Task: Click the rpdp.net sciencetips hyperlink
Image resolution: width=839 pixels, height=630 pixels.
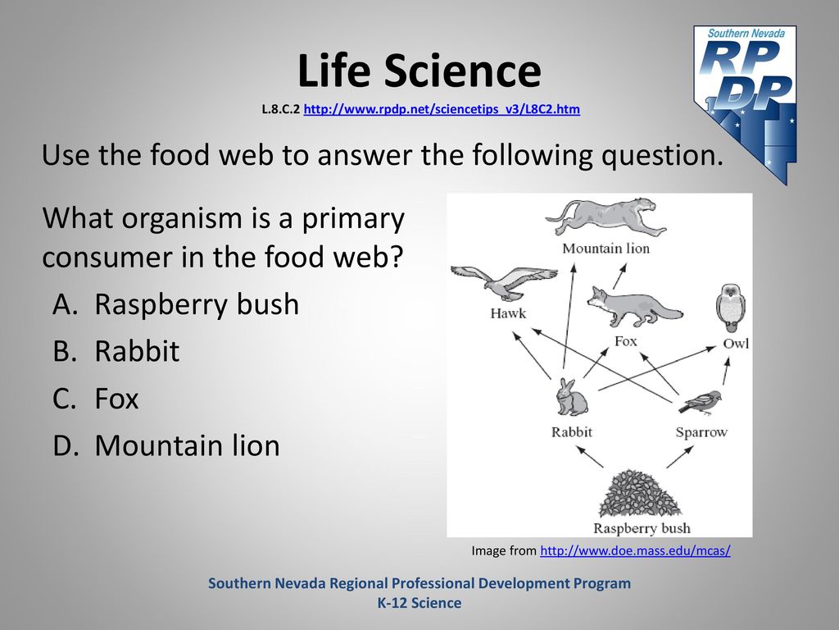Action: point(442,109)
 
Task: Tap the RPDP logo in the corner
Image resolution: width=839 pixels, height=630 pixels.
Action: point(745,104)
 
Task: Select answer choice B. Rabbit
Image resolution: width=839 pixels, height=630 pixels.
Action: point(116,351)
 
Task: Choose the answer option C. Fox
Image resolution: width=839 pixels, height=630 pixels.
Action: point(96,399)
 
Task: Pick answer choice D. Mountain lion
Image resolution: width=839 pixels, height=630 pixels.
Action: point(166,445)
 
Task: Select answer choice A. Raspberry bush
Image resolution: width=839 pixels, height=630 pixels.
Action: point(175,305)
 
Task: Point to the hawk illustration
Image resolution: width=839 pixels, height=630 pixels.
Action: point(503,282)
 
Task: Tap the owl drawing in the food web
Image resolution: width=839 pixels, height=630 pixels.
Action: point(731,308)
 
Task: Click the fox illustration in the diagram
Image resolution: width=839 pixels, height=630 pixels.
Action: point(635,307)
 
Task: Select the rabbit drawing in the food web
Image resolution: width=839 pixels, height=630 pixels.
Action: point(571,397)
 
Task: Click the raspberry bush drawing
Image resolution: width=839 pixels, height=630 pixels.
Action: point(639,493)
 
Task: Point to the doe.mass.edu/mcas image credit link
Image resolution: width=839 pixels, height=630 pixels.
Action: point(635,550)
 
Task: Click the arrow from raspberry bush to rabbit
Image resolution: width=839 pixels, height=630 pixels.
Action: point(590,457)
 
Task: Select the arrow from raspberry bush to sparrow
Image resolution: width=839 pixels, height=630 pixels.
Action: point(680,457)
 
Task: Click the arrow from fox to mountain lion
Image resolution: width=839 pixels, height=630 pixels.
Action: point(619,276)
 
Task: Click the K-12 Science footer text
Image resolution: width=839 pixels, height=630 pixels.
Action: point(419,603)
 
